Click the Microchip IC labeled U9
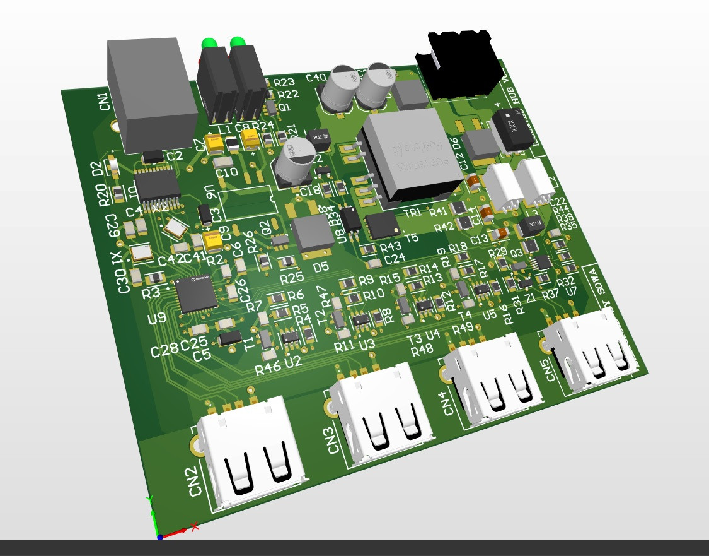(x=197, y=293)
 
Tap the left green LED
(x=208, y=44)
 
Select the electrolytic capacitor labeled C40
(x=316, y=78)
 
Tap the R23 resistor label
(x=285, y=83)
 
